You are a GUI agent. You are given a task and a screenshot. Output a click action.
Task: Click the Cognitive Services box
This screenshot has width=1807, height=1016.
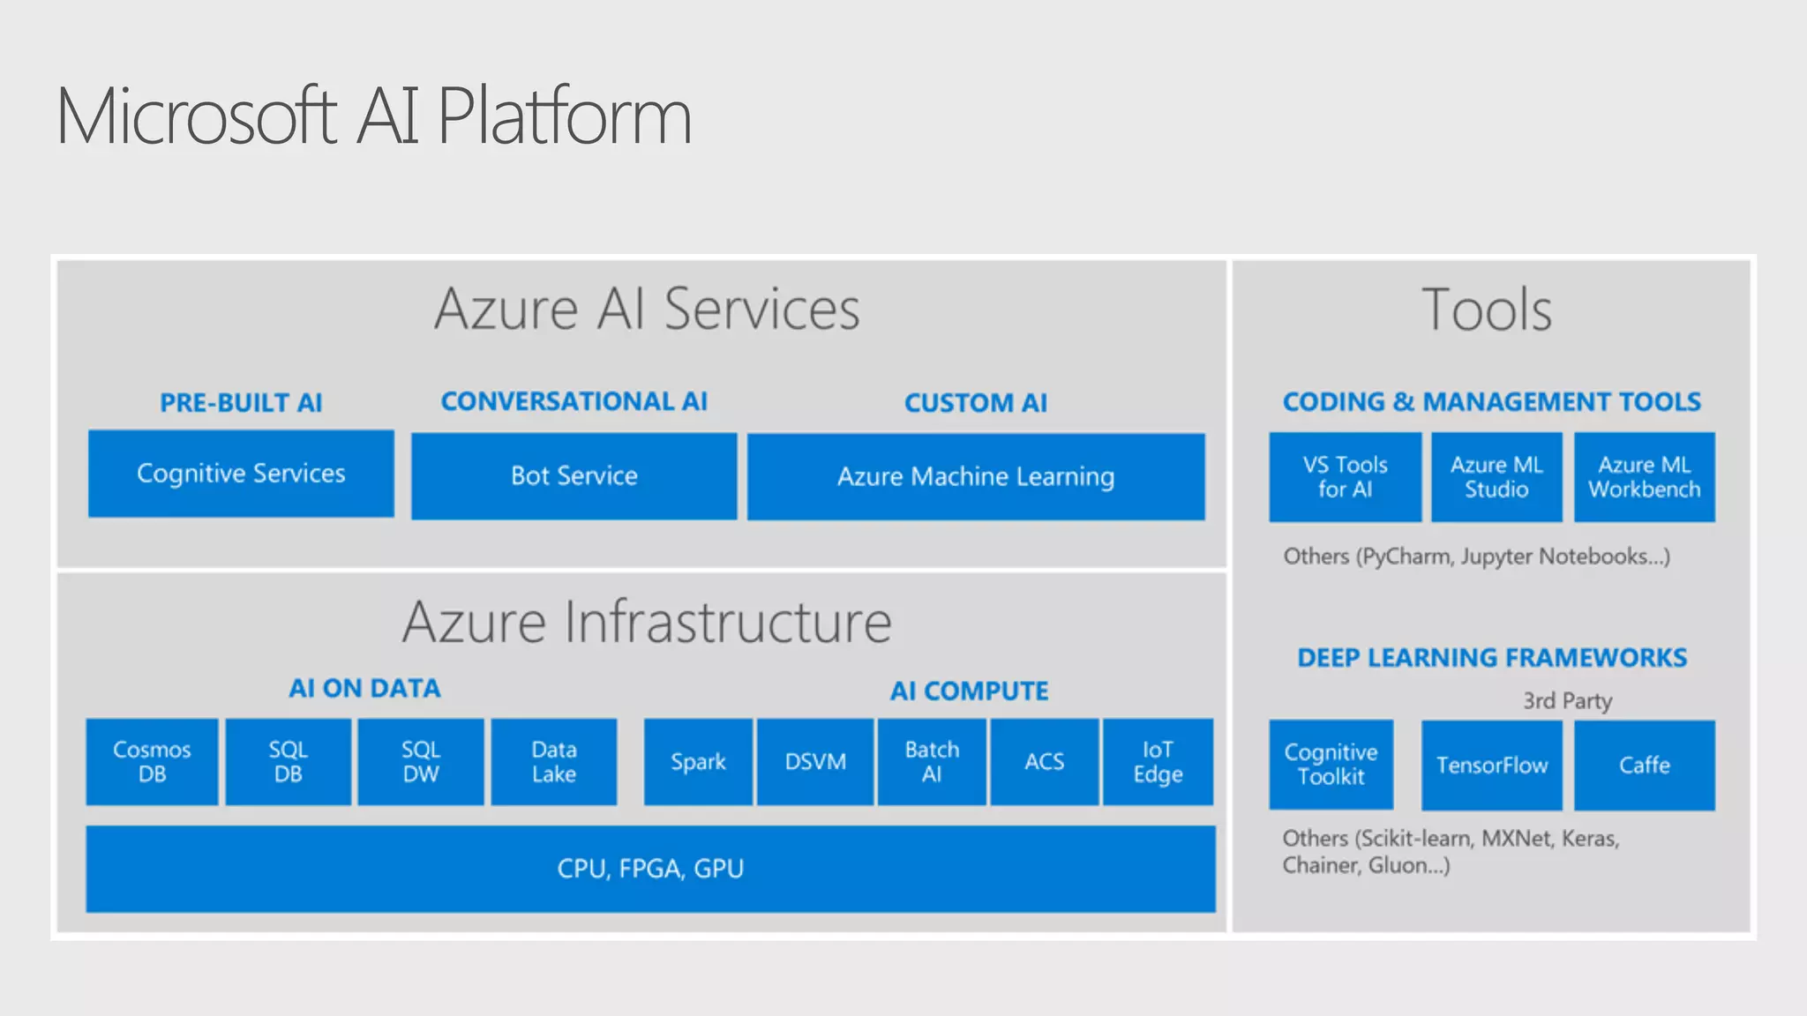pos(241,474)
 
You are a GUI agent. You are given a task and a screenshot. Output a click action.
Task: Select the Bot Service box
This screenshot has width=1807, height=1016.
pos(574,476)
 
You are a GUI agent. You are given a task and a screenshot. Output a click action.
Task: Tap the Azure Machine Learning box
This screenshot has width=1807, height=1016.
pos(976,476)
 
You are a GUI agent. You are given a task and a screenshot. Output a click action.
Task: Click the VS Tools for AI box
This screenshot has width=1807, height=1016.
pos(1345,477)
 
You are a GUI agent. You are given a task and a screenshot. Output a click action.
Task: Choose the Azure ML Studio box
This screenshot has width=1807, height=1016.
pos(1496,477)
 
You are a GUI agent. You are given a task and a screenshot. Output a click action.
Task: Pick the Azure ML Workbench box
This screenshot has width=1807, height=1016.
pos(1645,477)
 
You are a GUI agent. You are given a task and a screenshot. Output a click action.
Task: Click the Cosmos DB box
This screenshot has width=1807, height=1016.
pos(152,762)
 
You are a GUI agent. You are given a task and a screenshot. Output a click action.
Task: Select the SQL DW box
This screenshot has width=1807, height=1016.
pos(421,762)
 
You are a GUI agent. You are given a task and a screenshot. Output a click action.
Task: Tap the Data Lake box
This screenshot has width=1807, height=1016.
pos(554,762)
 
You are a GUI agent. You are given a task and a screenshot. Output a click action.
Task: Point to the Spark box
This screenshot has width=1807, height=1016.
pos(698,762)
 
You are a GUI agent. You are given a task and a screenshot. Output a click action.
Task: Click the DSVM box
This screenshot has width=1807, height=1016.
pos(815,762)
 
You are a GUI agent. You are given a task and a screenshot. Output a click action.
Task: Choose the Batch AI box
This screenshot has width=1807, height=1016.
pos(932,762)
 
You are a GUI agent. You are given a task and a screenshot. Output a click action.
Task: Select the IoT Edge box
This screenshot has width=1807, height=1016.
pos(1158,762)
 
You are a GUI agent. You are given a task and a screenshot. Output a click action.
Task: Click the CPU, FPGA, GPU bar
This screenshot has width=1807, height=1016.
pos(650,869)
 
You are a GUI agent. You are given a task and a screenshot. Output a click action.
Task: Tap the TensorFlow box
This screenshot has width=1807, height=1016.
pos(1491,765)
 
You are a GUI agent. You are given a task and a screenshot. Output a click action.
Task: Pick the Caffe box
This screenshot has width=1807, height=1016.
pos(1645,765)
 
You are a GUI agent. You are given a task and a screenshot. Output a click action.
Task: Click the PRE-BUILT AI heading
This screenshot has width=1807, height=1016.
pos(241,403)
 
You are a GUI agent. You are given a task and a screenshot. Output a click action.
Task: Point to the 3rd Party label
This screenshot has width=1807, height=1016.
pos(1567,701)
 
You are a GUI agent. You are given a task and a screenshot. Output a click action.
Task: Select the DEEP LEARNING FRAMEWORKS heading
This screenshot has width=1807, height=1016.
pos(1491,658)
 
